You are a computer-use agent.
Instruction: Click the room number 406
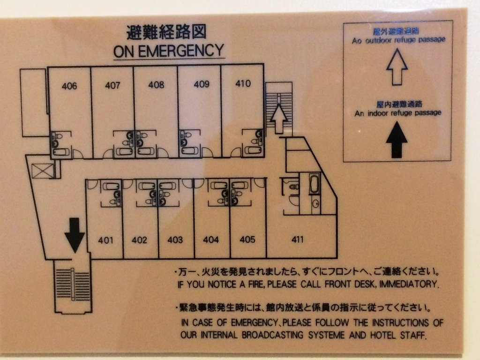tap(69, 86)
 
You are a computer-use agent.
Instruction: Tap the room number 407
tap(112, 85)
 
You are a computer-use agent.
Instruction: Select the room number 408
tap(156, 85)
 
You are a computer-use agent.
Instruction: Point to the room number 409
tap(201, 84)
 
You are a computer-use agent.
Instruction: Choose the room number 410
tap(243, 84)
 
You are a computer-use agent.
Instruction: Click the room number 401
tap(106, 240)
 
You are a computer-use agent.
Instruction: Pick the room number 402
tap(139, 240)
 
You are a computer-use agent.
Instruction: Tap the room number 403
tap(175, 240)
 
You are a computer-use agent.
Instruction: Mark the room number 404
tap(211, 240)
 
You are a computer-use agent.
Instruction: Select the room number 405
tap(247, 240)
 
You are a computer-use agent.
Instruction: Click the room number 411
tap(297, 240)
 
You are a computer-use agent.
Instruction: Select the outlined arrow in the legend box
tap(397, 67)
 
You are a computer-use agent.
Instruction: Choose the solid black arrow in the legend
tap(397, 139)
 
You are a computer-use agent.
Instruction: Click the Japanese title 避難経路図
tap(166, 32)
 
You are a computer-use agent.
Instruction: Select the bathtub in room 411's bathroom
tap(314, 183)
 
